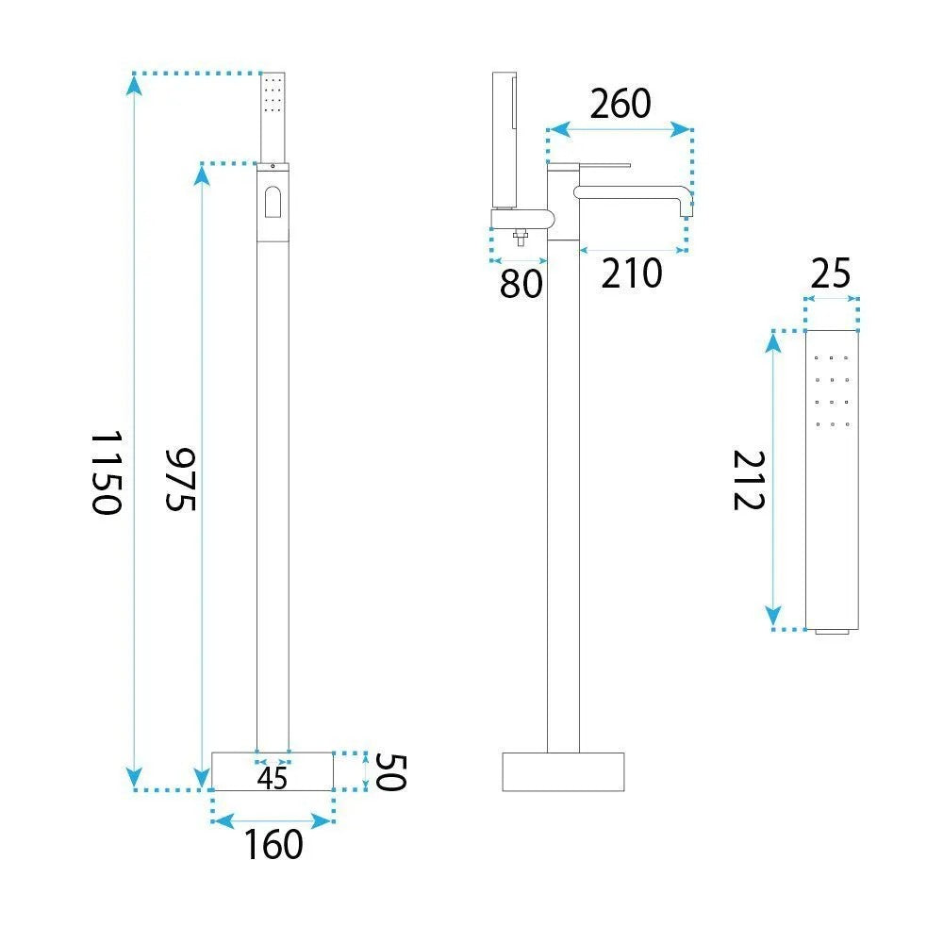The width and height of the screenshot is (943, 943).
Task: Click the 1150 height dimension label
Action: (108, 472)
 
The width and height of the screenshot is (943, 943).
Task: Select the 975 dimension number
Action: (180, 479)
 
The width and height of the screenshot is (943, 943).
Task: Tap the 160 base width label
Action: (273, 844)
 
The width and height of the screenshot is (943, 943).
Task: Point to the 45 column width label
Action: (273, 778)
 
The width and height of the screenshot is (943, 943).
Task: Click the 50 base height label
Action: (391, 772)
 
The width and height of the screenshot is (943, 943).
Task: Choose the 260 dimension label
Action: (620, 104)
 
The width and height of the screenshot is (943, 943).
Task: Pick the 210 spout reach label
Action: (632, 273)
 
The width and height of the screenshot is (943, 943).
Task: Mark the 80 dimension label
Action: (521, 284)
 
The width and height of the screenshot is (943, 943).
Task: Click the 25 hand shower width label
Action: (831, 273)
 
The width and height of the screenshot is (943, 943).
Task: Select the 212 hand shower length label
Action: (749, 481)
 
